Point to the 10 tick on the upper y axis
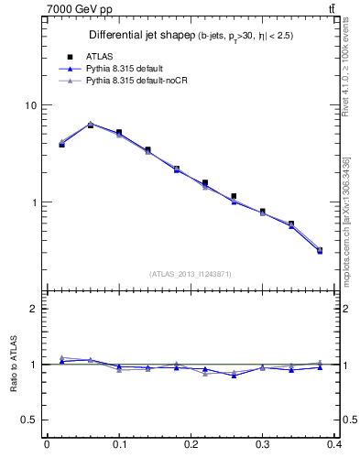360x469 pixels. coord(29,105)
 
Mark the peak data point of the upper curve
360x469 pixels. coord(90,124)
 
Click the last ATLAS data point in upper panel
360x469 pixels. coord(320,250)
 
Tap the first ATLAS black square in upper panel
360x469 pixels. coord(61,145)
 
